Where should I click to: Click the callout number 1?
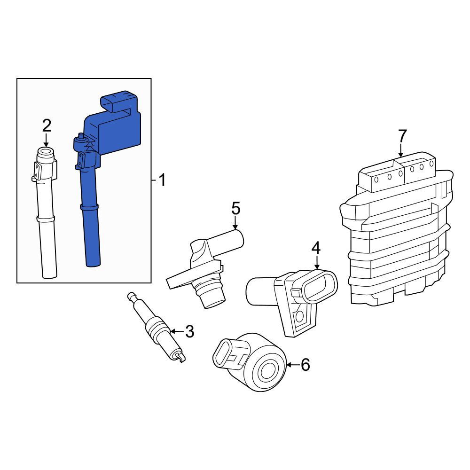click(162, 180)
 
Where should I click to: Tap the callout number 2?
click(47, 125)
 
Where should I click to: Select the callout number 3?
click(189, 331)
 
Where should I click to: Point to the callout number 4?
click(316, 249)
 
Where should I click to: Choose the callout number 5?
click(236, 208)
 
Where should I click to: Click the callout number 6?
click(305, 365)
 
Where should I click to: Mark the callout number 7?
click(402, 136)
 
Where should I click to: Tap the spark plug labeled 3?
click(157, 327)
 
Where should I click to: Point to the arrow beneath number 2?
click(46, 140)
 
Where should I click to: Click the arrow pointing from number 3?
click(177, 331)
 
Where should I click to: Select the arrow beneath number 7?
click(401, 150)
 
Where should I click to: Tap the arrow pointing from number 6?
click(293, 365)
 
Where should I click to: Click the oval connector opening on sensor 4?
click(320, 285)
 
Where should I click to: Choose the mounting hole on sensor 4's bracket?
click(299, 316)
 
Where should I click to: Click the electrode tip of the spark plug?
click(180, 358)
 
